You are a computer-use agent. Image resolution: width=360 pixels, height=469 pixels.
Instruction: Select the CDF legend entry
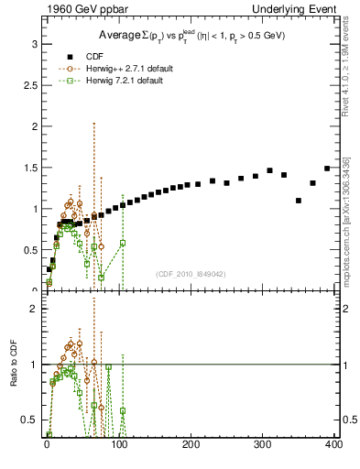(x=90, y=55)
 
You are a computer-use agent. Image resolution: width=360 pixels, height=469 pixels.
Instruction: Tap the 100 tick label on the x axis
(x=119, y=446)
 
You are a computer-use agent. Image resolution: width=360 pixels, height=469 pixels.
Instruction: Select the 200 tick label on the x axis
(x=191, y=446)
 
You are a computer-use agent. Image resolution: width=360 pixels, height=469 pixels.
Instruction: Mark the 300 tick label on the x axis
(x=264, y=446)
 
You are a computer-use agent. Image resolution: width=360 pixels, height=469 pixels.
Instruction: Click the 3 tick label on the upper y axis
(x=34, y=44)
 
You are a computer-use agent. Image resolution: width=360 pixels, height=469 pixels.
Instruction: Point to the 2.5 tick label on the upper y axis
(x=30, y=85)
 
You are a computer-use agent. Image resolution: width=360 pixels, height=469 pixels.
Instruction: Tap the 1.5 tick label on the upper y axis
(x=30, y=168)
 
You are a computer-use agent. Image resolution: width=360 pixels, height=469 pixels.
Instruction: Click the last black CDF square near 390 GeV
(x=327, y=169)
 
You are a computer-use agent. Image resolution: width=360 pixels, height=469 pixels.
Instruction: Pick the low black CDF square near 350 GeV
(x=299, y=201)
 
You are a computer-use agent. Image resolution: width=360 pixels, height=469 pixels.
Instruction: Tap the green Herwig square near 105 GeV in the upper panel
(x=122, y=243)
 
